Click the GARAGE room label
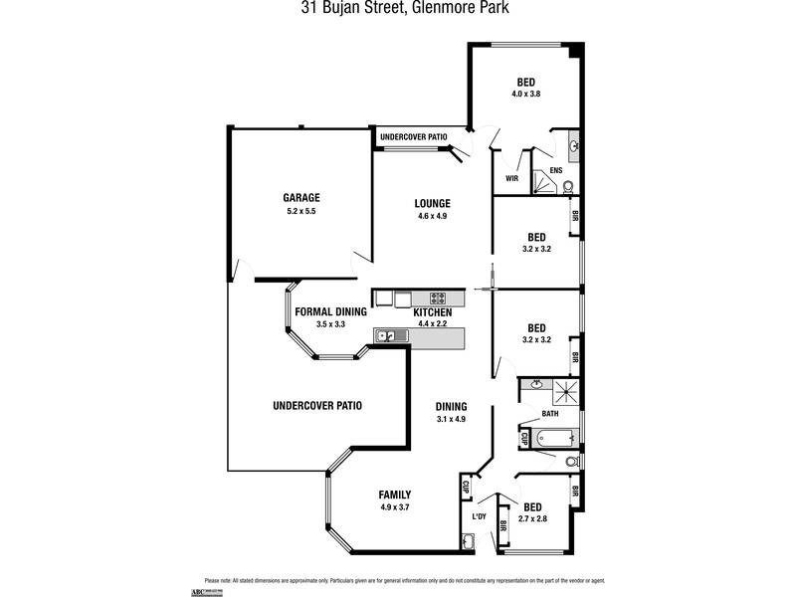(300, 197)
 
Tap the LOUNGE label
(433, 203)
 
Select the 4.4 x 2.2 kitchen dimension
(433, 323)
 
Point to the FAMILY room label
(395, 495)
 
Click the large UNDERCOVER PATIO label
(317, 405)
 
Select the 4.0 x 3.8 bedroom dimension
(526, 94)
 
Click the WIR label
(512, 179)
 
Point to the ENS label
(555, 170)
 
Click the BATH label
(550, 413)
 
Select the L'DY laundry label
(479, 516)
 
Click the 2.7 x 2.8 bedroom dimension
(532, 518)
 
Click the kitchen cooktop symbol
(441, 298)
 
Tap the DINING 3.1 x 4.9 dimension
(451, 419)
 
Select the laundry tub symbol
(469, 541)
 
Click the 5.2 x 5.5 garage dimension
(300, 211)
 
